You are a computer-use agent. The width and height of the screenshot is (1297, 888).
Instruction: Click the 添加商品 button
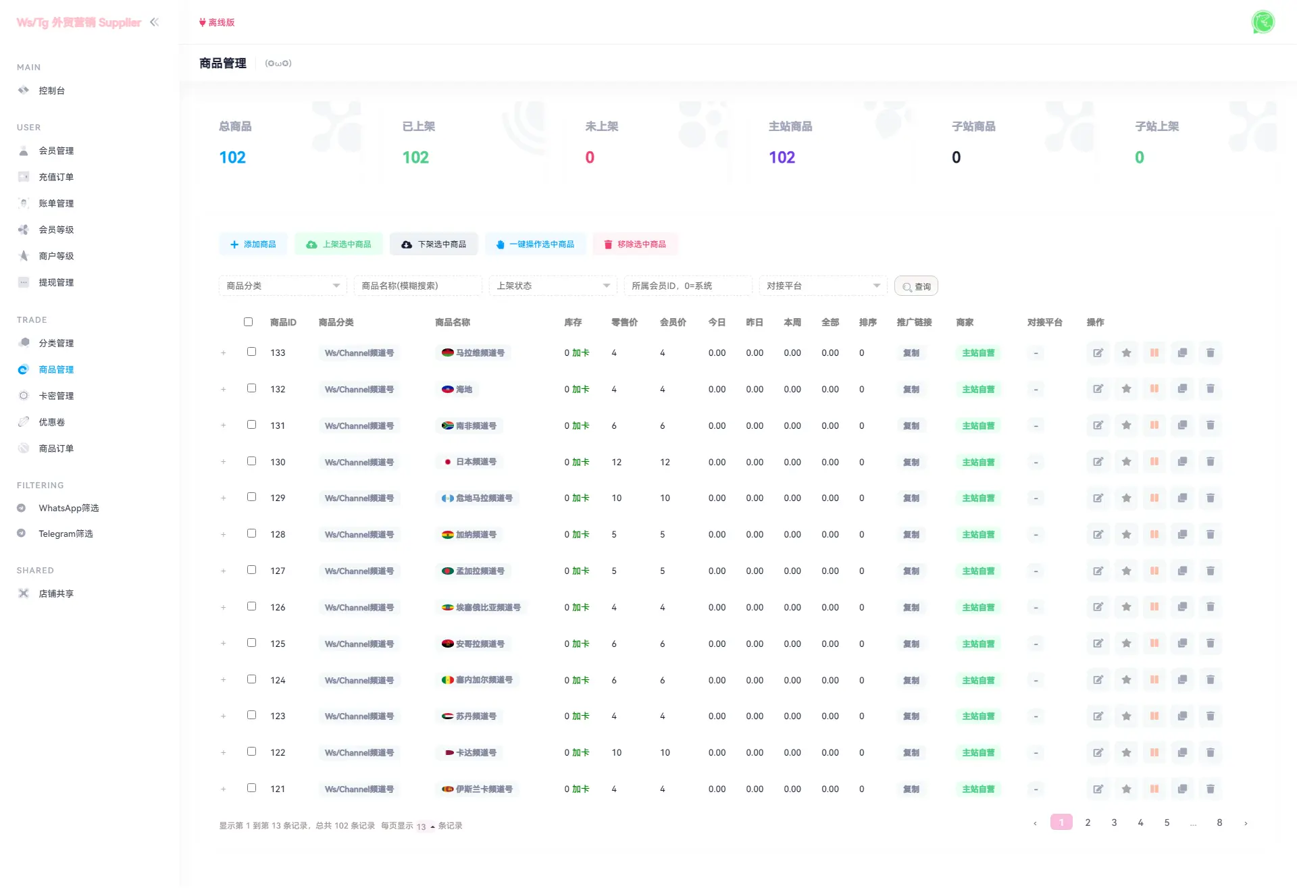tap(253, 244)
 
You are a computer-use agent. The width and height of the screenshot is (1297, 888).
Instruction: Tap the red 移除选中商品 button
tap(635, 244)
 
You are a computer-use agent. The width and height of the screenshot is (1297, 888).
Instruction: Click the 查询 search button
tap(916, 286)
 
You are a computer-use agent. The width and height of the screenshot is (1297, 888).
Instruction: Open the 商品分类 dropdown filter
tap(282, 286)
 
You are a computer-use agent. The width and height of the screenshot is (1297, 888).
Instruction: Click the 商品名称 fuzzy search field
tap(417, 286)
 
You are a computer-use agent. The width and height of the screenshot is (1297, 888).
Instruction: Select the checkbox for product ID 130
tap(251, 461)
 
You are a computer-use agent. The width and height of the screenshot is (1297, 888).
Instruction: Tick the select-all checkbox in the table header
tap(248, 322)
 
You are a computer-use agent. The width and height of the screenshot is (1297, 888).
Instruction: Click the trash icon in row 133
tap(1210, 352)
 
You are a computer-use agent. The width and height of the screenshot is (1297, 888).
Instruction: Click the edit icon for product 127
tap(1098, 571)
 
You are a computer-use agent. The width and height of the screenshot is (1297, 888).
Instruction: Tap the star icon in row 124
tap(1126, 680)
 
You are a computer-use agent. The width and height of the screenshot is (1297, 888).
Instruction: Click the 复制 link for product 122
tap(911, 753)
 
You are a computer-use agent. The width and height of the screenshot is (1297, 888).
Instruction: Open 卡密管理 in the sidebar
tap(56, 396)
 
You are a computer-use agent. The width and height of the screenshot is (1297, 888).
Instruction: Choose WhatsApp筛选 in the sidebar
tap(68, 508)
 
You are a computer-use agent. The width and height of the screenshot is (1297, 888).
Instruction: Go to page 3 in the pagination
tap(1114, 822)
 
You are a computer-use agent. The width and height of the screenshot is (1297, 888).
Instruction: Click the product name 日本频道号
tap(476, 462)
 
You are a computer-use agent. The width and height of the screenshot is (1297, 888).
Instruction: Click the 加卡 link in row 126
tap(580, 608)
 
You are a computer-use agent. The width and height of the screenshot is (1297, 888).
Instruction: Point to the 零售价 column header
tap(624, 323)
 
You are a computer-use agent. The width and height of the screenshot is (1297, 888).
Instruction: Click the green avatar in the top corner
tap(1263, 22)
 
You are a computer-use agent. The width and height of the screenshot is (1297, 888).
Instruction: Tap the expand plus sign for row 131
tap(224, 425)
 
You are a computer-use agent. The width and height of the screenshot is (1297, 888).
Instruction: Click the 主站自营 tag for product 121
tap(977, 789)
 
